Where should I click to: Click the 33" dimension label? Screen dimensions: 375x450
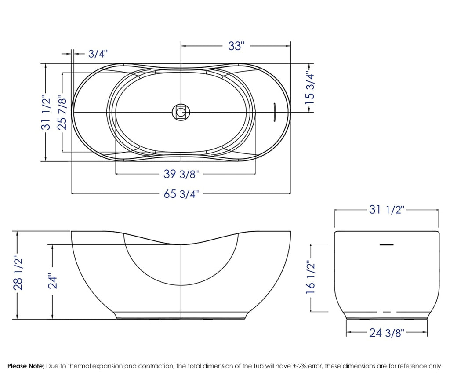(x=236, y=45)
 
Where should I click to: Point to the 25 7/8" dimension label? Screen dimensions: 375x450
(x=62, y=113)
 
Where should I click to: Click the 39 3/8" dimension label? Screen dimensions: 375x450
(x=181, y=174)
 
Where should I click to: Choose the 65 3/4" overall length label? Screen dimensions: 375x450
(x=181, y=193)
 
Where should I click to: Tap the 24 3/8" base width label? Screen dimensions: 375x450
(x=387, y=333)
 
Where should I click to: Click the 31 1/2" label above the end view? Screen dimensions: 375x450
(x=387, y=210)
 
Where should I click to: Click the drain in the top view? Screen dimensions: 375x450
(x=181, y=112)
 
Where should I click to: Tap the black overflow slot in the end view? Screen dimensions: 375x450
(x=387, y=243)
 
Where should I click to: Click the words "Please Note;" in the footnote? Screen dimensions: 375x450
(x=25, y=366)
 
